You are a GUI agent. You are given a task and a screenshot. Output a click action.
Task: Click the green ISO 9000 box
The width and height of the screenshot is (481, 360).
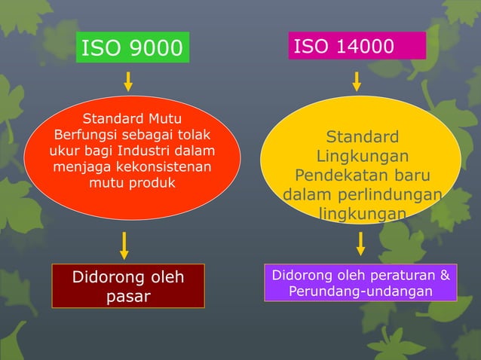[x=132, y=48]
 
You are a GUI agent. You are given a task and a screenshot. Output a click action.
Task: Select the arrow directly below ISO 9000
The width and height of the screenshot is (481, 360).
[x=128, y=81]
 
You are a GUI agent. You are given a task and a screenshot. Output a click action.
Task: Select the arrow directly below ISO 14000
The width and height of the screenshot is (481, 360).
[x=357, y=81]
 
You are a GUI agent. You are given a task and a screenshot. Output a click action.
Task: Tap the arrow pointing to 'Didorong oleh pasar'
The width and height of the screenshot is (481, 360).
[x=124, y=245]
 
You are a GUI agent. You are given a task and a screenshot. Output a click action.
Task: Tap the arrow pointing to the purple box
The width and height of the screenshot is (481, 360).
[x=360, y=243]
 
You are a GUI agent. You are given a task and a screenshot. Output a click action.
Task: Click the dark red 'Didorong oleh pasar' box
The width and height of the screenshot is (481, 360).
[x=128, y=285]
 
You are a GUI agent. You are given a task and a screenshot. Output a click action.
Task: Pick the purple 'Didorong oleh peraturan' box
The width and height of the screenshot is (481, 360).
[x=360, y=282]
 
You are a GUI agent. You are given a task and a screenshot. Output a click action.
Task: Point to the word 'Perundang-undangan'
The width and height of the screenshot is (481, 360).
[x=360, y=291]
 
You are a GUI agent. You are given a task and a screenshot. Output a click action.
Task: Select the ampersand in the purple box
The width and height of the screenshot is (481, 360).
[x=444, y=275]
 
